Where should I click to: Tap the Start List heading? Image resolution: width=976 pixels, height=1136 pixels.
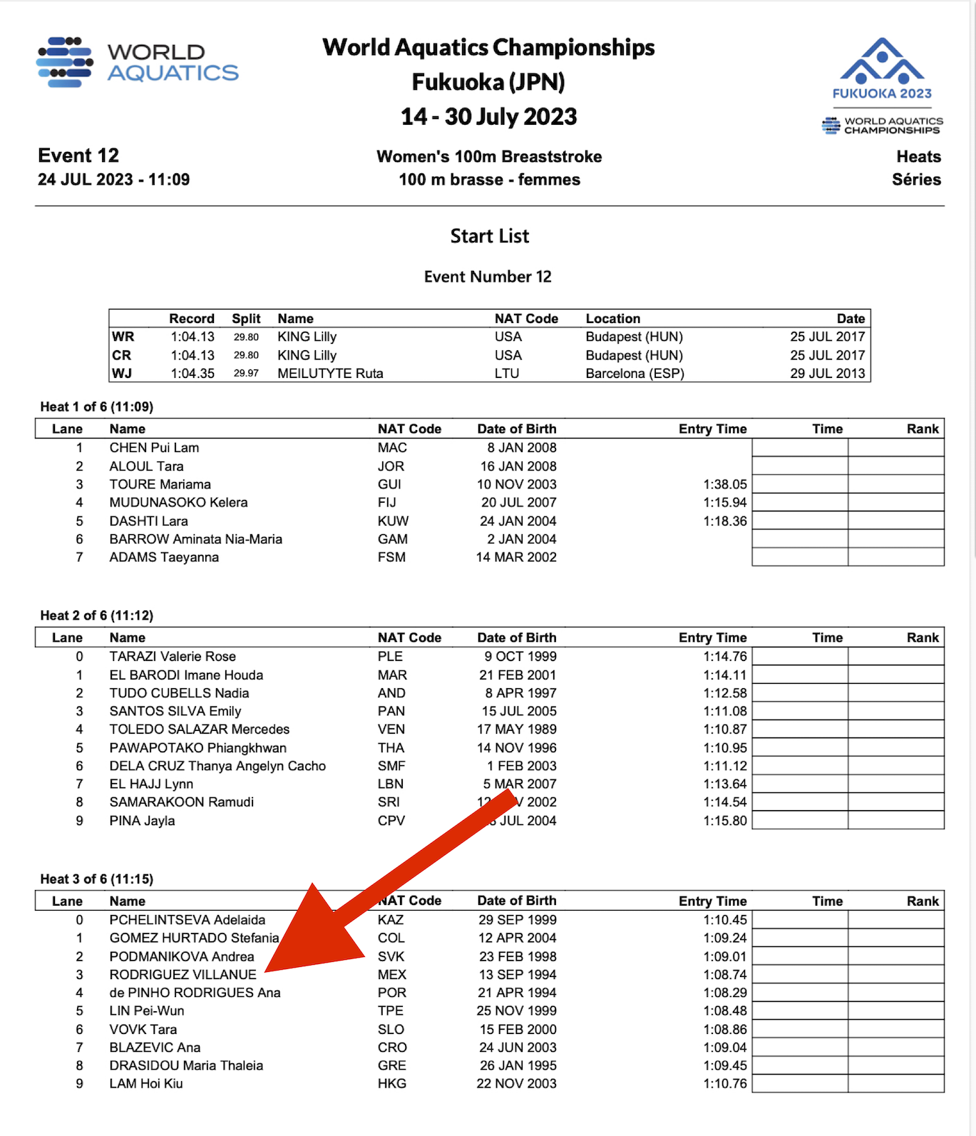(489, 236)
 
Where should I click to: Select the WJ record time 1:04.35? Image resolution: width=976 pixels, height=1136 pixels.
(192, 373)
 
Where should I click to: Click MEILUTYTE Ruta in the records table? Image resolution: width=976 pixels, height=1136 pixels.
(330, 373)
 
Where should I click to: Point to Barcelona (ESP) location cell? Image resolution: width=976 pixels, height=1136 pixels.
(635, 373)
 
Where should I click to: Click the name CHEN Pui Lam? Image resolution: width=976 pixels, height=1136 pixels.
(154, 448)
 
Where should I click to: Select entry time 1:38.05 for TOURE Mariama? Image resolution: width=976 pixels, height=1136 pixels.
(725, 484)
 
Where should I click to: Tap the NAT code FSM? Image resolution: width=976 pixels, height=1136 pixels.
(391, 557)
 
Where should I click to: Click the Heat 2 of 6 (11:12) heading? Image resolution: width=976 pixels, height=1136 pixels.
(97, 615)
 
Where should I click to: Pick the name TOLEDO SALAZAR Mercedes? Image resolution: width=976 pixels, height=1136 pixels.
(200, 729)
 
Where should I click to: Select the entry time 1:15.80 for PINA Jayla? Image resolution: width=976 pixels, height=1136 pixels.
(725, 821)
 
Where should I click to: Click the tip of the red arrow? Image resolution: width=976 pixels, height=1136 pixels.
(267, 971)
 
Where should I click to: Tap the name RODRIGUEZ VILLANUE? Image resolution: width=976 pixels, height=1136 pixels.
(183, 974)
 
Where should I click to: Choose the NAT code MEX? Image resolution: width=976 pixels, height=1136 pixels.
(392, 974)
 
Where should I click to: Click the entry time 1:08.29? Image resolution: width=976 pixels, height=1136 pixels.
(725, 993)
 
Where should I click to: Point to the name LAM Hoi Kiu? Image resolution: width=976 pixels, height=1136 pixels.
(146, 1083)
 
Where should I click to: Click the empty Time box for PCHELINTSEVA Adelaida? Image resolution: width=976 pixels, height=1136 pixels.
(800, 920)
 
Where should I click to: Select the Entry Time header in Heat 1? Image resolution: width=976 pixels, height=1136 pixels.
(712, 429)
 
